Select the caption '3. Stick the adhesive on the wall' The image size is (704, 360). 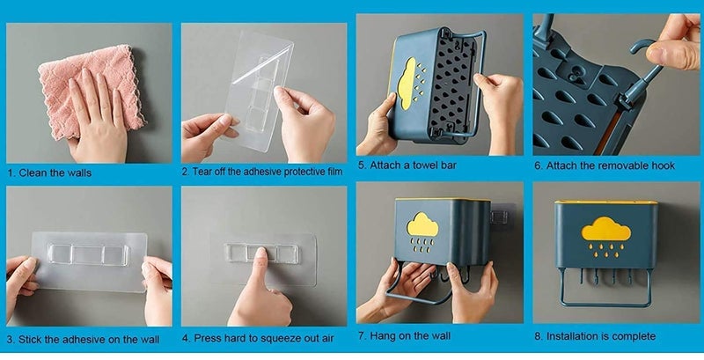click(x=73, y=338)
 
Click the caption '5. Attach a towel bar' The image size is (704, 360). click(x=407, y=165)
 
